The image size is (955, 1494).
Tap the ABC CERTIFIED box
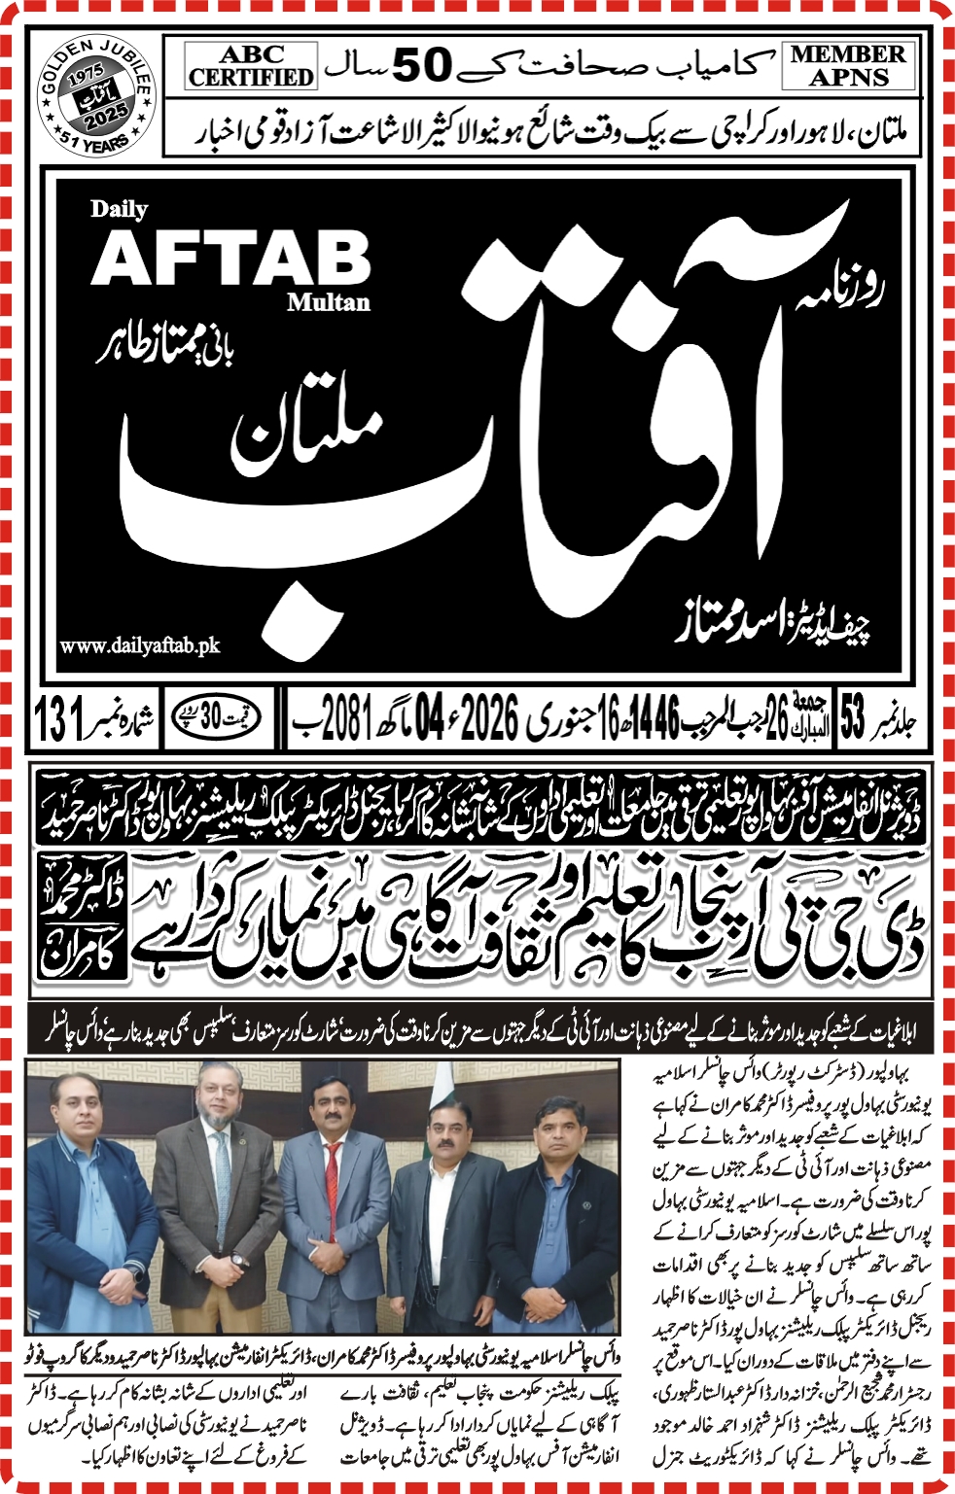(x=251, y=66)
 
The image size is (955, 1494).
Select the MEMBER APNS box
(x=848, y=66)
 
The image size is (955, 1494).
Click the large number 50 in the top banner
(x=423, y=64)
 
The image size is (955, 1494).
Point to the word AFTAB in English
(x=231, y=259)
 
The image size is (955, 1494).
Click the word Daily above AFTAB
(x=119, y=208)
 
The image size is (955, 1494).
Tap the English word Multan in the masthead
(x=328, y=302)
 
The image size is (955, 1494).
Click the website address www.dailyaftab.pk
(x=140, y=645)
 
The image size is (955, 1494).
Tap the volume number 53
(x=853, y=720)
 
